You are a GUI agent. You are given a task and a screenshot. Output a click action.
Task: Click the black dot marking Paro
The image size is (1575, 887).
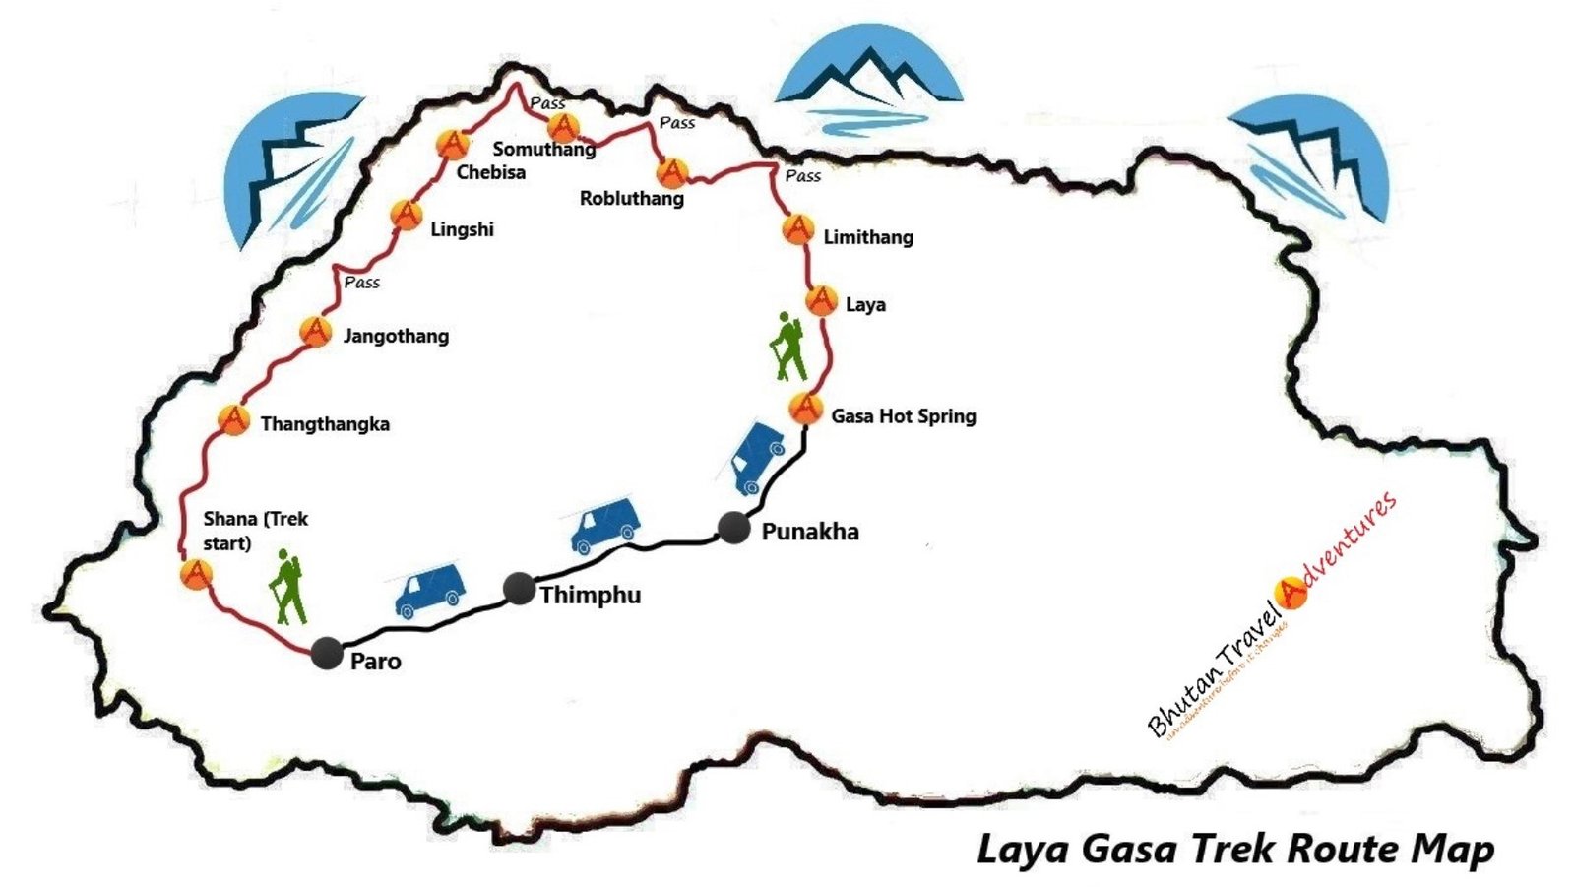coord(326,653)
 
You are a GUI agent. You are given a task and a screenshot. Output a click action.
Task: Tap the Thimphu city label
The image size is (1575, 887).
coord(590,595)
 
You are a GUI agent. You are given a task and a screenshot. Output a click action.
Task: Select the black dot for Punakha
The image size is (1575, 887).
coord(733,529)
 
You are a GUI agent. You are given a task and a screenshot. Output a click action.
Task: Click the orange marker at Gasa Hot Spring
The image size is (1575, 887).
coord(805,408)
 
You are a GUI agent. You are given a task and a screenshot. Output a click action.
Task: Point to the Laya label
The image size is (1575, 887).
coord(865,305)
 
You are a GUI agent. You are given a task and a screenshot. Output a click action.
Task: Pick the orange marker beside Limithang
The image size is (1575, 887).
coord(797,230)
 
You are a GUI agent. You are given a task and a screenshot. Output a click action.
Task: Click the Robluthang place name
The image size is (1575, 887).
coord(631,198)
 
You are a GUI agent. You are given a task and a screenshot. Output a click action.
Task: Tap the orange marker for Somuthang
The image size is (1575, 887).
coord(564,127)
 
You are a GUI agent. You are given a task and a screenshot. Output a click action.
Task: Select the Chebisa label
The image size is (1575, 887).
coord(490,172)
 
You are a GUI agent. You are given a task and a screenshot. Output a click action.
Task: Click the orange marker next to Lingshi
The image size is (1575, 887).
coord(406,214)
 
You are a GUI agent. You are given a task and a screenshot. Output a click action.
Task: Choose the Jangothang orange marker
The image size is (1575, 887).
coord(315,332)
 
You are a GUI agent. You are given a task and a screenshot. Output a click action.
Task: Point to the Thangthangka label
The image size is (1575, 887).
coord(325,424)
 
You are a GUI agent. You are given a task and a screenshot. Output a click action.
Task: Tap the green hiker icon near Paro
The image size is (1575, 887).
coord(287,589)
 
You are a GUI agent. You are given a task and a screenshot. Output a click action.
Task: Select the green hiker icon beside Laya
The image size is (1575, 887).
coord(787,347)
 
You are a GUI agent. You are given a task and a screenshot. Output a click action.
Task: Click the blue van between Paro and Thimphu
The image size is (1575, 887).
coord(429,590)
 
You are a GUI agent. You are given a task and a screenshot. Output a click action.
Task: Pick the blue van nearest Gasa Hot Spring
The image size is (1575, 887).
coord(756,457)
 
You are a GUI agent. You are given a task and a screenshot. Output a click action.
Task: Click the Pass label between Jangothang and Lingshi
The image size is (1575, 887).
coord(362,283)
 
